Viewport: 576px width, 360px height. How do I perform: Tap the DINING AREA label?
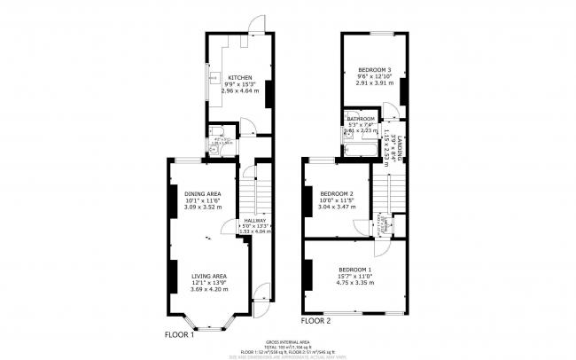pos(202,193)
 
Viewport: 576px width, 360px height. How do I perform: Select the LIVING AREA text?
pos(209,276)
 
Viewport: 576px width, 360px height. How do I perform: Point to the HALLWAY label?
pos(255,220)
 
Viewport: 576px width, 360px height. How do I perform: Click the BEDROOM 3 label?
pos(373,69)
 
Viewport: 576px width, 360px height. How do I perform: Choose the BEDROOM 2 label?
pos(337,193)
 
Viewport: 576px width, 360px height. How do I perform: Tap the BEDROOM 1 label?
pos(354,269)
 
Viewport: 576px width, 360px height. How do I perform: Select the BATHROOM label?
pos(361,118)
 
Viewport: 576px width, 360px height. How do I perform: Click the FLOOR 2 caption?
pos(315,320)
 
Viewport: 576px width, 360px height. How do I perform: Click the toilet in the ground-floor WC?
pos(211,150)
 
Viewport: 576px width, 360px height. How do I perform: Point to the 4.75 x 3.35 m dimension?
pos(354,283)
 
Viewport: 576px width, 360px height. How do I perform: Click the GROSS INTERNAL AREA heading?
pos(287,340)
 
